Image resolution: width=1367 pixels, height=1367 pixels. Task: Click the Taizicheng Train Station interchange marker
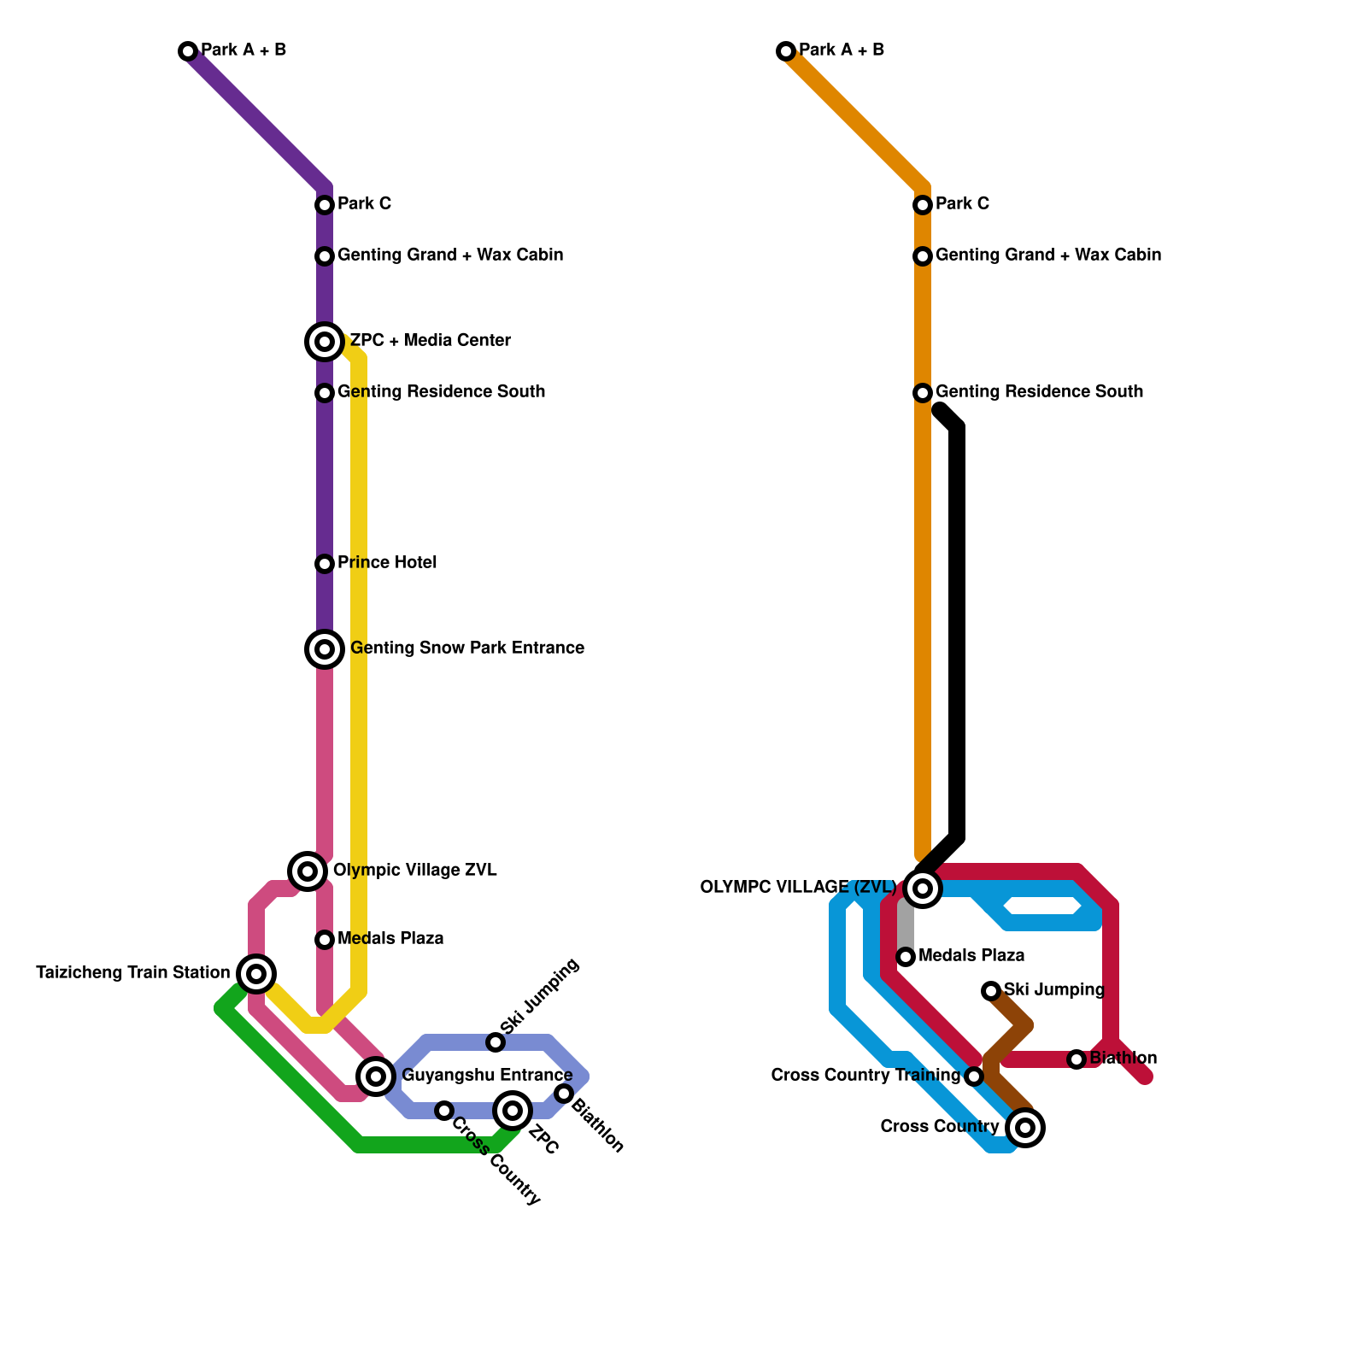[256, 973]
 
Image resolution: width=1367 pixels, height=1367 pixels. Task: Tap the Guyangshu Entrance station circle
[376, 1076]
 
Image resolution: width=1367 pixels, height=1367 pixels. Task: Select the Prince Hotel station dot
[325, 564]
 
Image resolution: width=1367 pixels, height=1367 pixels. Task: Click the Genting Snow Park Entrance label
[466, 648]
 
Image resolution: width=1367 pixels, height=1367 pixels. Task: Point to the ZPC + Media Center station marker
[325, 342]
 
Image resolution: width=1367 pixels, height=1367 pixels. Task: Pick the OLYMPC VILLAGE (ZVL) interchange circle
[923, 888]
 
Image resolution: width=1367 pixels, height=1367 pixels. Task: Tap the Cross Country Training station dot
[974, 1077]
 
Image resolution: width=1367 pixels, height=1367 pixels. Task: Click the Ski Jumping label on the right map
[1053, 990]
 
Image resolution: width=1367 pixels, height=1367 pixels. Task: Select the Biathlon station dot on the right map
[1077, 1059]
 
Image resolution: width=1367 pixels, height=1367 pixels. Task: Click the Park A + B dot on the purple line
[188, 51]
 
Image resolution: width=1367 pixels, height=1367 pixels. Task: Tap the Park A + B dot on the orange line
[786, 51]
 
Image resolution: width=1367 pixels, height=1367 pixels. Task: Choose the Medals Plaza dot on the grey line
[906, 956]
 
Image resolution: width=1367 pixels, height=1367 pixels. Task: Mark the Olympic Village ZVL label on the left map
[414, 871]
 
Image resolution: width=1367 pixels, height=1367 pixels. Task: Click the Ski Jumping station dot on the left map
[496, 1042]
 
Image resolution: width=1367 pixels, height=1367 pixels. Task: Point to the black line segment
[958, 632]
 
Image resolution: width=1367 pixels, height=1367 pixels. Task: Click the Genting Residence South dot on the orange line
[923, 393]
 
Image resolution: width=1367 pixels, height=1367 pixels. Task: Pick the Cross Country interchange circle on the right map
[1025, 1128]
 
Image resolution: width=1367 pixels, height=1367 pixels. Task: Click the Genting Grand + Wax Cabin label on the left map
[449, 255]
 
